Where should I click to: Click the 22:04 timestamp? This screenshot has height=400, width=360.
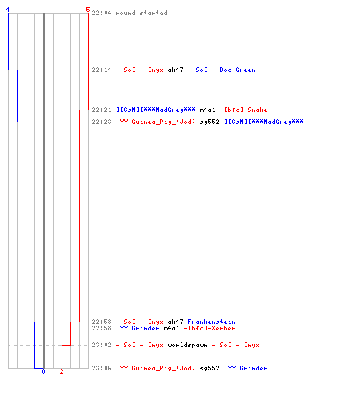click(102, 13)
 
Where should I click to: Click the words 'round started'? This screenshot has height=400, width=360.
click(142, 13)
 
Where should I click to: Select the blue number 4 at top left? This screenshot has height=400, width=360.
click(8, 10)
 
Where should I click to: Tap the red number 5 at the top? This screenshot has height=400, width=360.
click(88, 10)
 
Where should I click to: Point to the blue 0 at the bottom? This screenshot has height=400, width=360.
click(43, 371)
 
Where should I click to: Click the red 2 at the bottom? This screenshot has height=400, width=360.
click(62, 371)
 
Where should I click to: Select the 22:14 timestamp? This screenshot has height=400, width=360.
click(102, 70)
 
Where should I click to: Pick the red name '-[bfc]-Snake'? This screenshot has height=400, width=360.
click(243, 110)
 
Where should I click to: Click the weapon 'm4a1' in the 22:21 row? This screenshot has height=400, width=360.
click(207, 110)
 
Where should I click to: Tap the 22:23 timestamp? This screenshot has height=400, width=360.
click(102, 122)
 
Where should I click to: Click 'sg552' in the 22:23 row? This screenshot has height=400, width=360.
click(210, 122)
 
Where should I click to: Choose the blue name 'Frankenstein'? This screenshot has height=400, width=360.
click(211, 322)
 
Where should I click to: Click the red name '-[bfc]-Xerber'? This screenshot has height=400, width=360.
click(210, 328)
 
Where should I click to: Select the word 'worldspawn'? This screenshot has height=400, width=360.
click(187, 345)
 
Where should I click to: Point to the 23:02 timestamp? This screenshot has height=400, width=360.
click(102, 345)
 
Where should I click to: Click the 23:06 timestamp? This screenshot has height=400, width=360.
click(102, 368)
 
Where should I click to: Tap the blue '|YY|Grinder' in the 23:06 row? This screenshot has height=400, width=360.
click(246, 368)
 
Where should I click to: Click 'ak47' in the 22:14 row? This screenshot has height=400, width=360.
click(175, 70)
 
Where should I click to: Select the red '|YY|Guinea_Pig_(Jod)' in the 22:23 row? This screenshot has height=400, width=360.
click(156, 122)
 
